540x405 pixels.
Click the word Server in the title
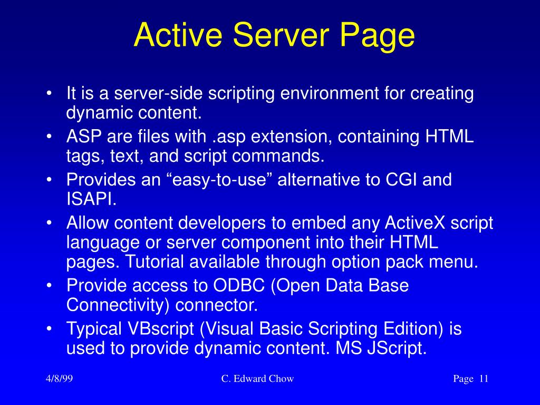pos(281,35)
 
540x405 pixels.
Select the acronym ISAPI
pos(91,199)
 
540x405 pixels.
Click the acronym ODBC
pos(239,285)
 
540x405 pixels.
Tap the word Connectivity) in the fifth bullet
pos(118,305)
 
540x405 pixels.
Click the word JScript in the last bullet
pos(397,348)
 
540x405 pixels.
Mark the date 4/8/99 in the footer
pos(59,379)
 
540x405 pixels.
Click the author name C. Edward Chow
pos(257,379)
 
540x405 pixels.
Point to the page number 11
pos(484,379)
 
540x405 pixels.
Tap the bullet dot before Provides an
pos(49,180)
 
